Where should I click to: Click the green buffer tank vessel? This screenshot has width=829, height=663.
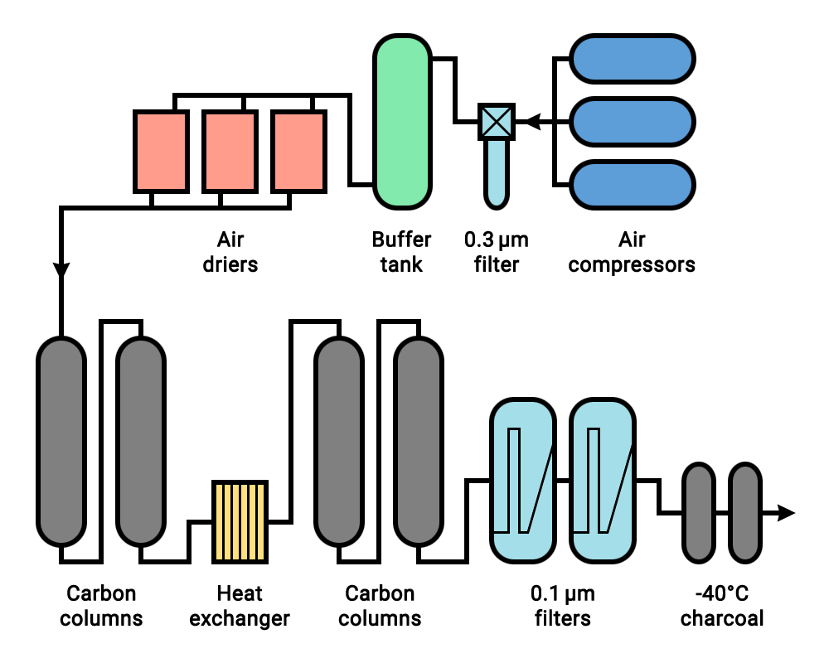coord(402,122)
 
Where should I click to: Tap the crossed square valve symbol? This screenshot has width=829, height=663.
coord(497,122)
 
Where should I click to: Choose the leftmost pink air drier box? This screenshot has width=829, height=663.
coord(161,152)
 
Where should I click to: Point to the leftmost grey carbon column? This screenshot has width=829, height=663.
coord(61,440)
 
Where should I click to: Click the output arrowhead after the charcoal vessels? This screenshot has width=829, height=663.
coord(785,514)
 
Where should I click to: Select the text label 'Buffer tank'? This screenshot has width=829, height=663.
coord(401,252)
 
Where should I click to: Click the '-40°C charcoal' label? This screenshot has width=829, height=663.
coord(722,606)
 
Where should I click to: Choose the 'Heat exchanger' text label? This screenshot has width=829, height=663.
coord(240,606)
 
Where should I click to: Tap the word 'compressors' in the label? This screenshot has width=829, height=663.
coord(633,265)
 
